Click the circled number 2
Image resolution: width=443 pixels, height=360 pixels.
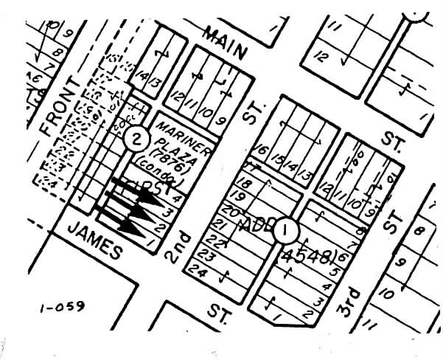pyautogui.click(x=135, y=137)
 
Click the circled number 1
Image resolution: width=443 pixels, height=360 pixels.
pyautogui.click(x=285, y=231)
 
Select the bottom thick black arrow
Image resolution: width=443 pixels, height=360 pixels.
pyautogui.click(x=125, y=221)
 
